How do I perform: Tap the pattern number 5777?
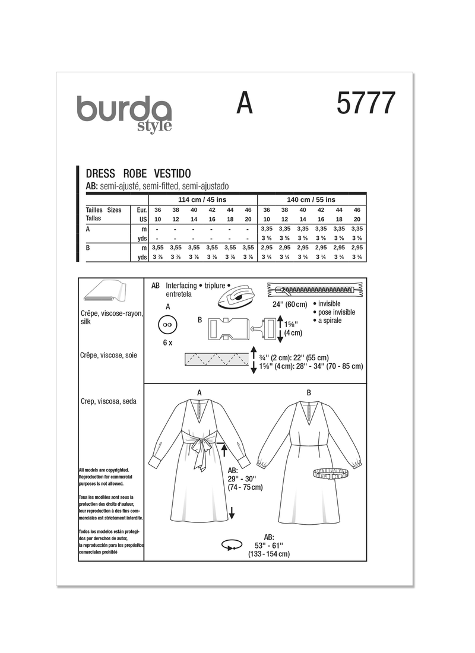point(365,105)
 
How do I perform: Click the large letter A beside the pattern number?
point(244,104)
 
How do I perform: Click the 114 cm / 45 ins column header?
point(202,199)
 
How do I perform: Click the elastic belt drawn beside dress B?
point(331,474)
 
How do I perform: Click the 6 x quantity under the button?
point(167,344)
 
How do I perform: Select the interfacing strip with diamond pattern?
point(216,360)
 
